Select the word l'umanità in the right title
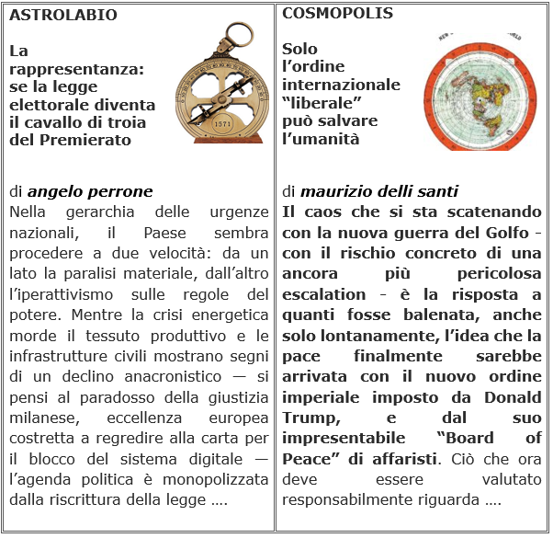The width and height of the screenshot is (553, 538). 321,139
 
